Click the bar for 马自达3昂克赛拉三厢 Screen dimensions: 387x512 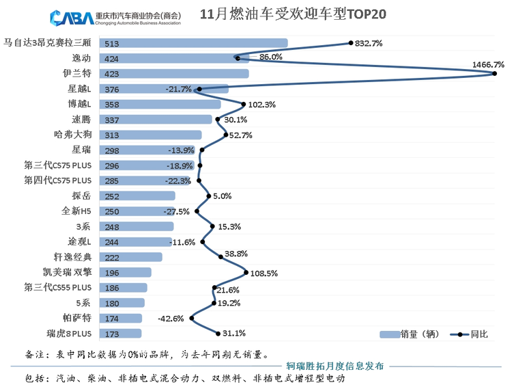[x=193, y=43]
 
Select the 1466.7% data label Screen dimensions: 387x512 [x=487, y=64]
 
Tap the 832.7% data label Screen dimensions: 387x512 [x=368, y=43]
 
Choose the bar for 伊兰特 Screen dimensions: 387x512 [x=174, y=74]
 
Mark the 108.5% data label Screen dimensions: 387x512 [x=264, y=273]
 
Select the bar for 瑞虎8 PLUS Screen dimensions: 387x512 [x=121, y=334]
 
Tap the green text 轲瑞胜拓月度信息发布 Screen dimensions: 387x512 [x=335, y=366]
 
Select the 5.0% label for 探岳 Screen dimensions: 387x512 [x=223, y=196]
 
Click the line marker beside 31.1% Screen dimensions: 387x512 [x=217, y=334]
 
